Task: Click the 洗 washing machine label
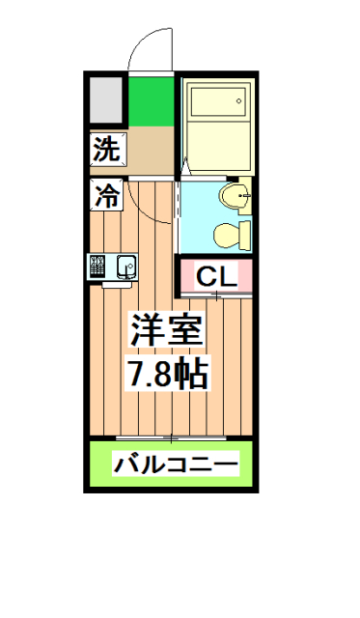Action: [107, 150]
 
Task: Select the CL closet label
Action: [216, 277]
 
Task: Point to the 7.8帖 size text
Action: [169, 375]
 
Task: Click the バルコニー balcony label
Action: [175, 464]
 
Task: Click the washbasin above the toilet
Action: [234, 198]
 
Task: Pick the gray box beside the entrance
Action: [106, 98]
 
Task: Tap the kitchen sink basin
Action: [125, 266]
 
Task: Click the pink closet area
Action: [216, 290]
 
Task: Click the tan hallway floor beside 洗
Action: [150, 150]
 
